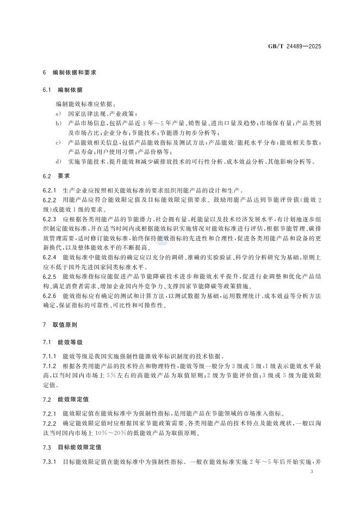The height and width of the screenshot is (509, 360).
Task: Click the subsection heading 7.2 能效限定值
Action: coord(66,399)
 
